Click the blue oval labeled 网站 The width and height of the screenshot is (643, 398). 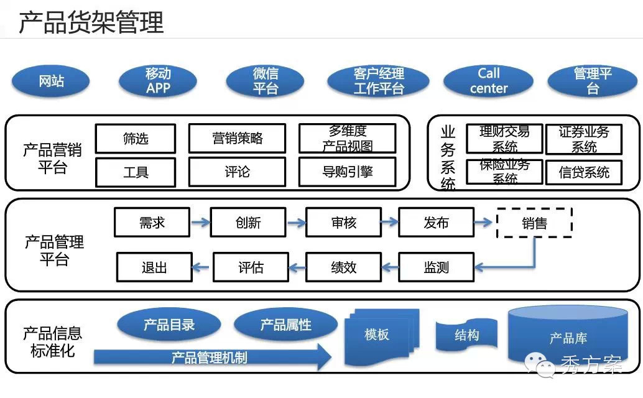tap(50, 81)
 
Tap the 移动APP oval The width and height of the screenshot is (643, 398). tap(158, 81)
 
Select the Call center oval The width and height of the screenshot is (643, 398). tap(488, 81)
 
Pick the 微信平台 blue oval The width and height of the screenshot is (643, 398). tap(265, 81)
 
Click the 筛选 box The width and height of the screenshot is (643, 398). tap(136, 139)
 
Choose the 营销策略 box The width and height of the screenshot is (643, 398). tap(237, 139)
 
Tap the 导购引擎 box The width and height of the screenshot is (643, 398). tap(347, 172)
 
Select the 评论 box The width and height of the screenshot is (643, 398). tap(237, 172)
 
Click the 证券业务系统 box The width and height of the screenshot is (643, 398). tap(583, 139)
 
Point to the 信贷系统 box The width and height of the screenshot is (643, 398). tap(583, 172)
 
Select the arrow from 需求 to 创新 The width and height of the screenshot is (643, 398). tap(200, 222)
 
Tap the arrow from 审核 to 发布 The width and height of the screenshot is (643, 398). tap(389, 222)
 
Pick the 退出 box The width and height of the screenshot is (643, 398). tap(154, 267)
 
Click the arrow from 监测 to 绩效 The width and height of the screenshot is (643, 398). tap(389, 267)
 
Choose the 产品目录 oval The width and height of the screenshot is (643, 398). tap(169, 325)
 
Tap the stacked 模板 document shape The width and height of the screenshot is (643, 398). tap(377, 336)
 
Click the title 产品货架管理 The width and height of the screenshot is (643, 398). tap(91, 22)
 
